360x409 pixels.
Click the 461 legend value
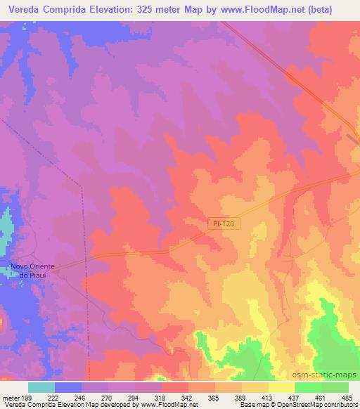321,396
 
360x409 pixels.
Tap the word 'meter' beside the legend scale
11,396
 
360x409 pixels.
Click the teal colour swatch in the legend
41,387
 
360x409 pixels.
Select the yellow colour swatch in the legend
281,387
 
